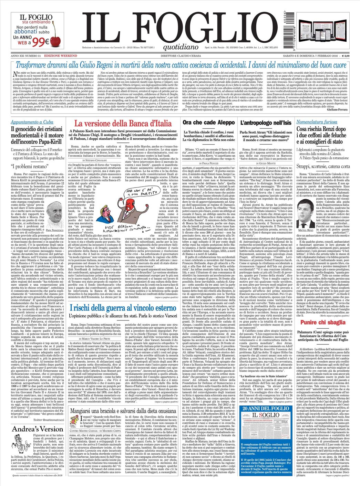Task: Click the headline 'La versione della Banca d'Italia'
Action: tap(123, 124)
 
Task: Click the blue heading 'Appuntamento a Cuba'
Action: tap(32, 122)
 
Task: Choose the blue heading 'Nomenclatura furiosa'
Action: tap(317, 122)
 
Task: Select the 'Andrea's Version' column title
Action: tap(38, 429)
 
